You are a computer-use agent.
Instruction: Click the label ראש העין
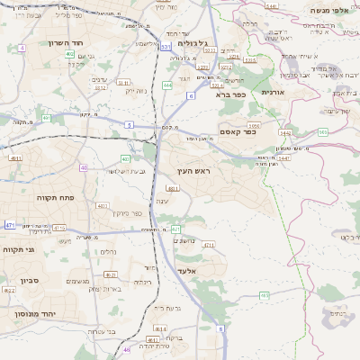click(x=193, y=170)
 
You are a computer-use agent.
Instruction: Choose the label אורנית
click(x=272, y=92)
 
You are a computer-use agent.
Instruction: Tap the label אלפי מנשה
click(x=328, y=10)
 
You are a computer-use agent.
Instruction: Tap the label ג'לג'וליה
click(x=193, y=43)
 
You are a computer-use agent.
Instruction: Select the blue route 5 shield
click(x=130, y=124)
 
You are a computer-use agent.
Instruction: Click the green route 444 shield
click(x=167, y=85)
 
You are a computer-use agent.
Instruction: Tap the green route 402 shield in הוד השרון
click(x=69, y=54)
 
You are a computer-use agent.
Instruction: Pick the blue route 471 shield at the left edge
click(x=9, y=224)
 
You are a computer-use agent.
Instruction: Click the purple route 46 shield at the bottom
click(x=127, y=348)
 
